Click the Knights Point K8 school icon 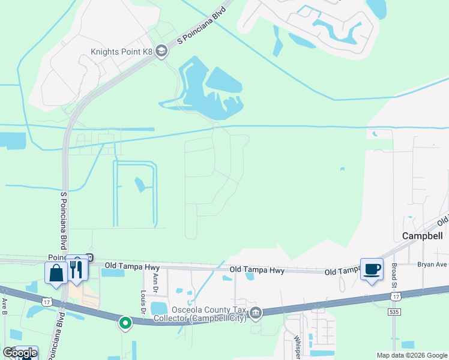coord(161,52)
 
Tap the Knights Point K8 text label coord(121,52)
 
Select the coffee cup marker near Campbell coord(371,269)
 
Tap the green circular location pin coord(125,323)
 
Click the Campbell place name coord(421,236)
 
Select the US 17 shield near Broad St coord(394,296)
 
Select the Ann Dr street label coord(155,280)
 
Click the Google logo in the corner coord(19,353)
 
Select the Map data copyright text coord(411,355)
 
